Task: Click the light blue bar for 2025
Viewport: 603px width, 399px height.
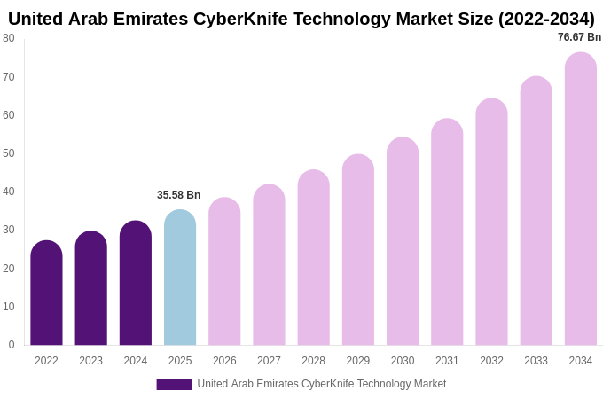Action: coord(180,279)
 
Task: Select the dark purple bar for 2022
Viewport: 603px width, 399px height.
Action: coord(46,294)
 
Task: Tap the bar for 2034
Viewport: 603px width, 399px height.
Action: coord(581,199)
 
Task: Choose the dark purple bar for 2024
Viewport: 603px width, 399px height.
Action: coord(136,284)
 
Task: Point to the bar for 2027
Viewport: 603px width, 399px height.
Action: coord(269,266)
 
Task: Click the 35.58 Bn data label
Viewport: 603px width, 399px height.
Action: coord(179,195)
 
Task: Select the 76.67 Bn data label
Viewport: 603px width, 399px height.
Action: coord(579,37)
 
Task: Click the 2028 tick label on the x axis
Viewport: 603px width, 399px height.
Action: coord(313,361)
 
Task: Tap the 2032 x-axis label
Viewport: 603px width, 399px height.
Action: coord(491,361)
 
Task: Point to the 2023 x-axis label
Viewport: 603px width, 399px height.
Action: coord(90,361)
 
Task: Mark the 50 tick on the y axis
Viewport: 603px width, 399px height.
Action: coord(8,153)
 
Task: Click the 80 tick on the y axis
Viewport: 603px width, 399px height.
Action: coord(8,38)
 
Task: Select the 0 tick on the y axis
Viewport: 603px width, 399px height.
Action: coord(11,345)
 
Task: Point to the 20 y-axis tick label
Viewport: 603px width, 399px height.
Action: coord(8,269)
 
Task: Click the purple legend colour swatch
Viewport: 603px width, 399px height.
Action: coord(174,385)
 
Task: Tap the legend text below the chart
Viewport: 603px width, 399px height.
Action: coord(322,384)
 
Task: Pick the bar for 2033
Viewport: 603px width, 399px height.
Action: coord(536,213)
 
